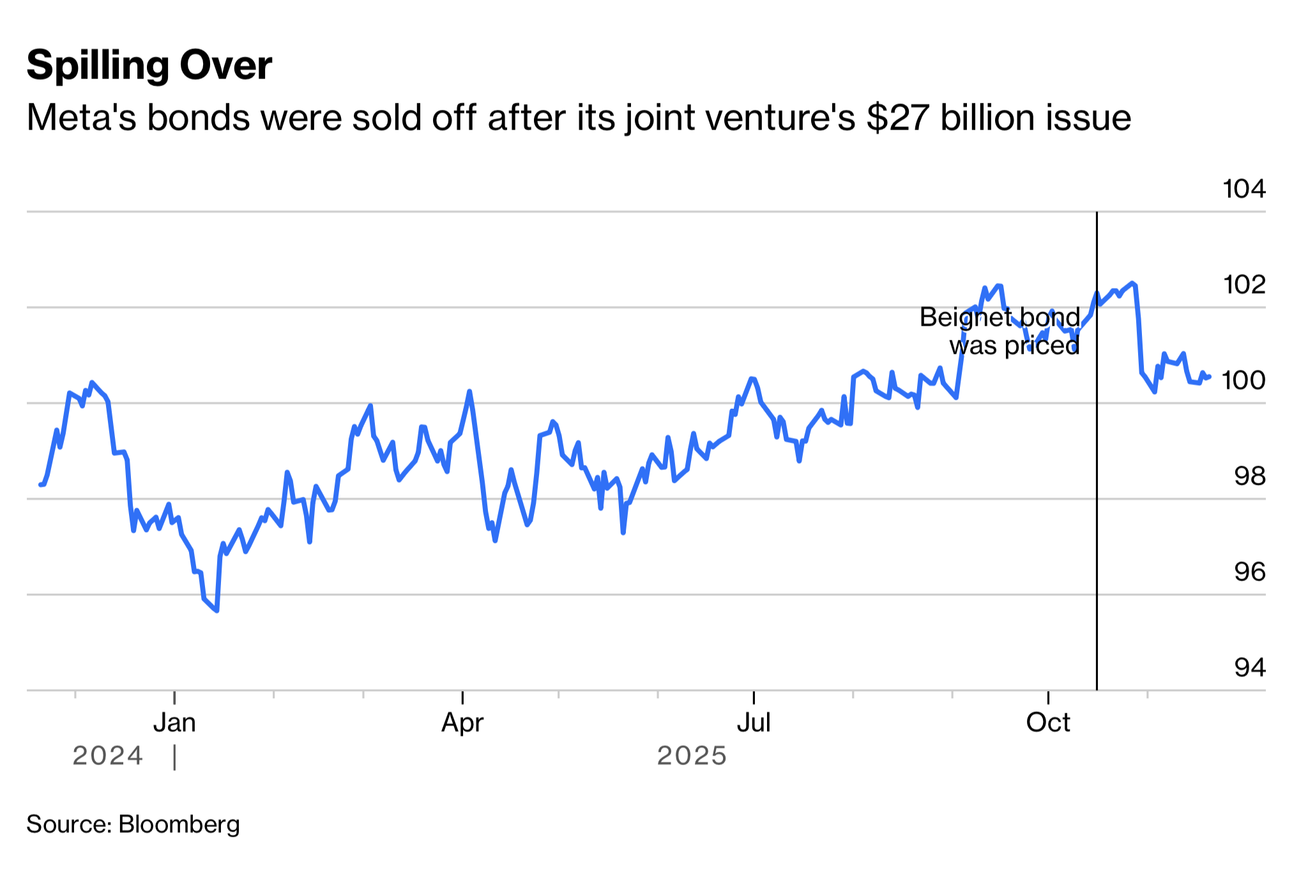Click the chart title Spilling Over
point(149,65)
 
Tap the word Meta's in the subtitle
point(81,118)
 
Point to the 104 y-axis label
point(1243,189)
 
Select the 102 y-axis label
point(1243,284)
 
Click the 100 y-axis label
point(1243,380)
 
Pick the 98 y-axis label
point(1249,476)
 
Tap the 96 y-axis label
point(1249,572)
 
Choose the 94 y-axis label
point(1249,667)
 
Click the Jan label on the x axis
point(174,722)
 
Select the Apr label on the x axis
point(462,722)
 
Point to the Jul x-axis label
point(754,722)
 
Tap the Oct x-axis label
point(1048,722)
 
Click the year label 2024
point(107,756)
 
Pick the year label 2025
point(692,756)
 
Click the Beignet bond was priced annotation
point(1000,331)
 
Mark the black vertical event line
point(1097,511)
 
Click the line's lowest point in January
point(217,611)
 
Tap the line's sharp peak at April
point(469,392)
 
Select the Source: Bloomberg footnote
point(133,825)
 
